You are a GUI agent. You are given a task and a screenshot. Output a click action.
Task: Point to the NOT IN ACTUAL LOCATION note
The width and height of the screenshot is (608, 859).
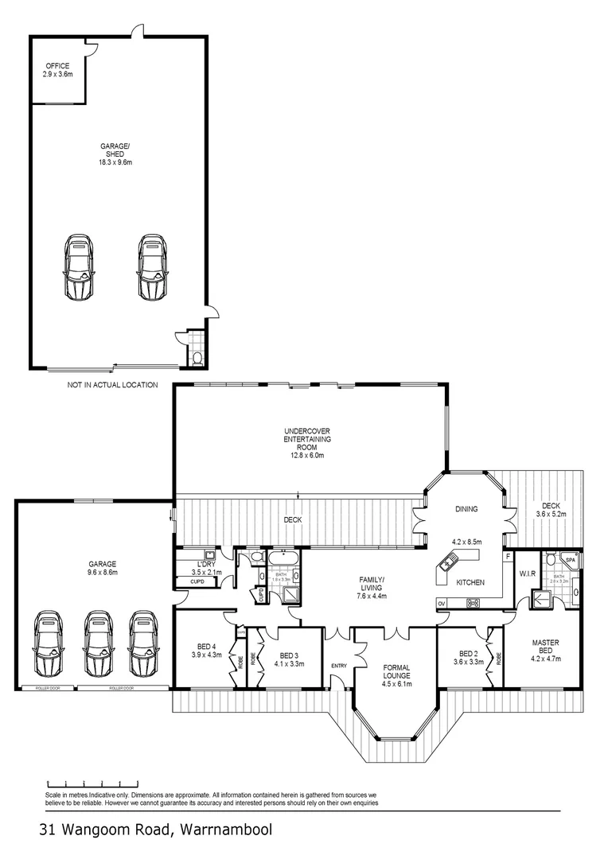[112, 385]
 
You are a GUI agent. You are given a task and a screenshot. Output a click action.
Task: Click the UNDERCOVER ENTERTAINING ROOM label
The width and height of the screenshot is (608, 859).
[307, 443]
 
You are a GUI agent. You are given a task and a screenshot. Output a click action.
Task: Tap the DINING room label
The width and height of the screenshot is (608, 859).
[466, 509]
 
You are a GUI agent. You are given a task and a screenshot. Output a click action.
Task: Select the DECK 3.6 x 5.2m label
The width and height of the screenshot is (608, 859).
[551, 510]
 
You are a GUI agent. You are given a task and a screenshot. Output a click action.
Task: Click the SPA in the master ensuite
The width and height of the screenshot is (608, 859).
[571, 561]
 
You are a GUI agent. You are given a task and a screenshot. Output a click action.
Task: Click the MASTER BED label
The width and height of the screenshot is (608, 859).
[545, 647]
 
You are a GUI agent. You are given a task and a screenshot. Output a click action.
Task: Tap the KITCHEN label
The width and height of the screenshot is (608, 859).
[470, 583]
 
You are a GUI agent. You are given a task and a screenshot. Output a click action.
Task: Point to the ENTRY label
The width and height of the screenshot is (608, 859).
[340, 666]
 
